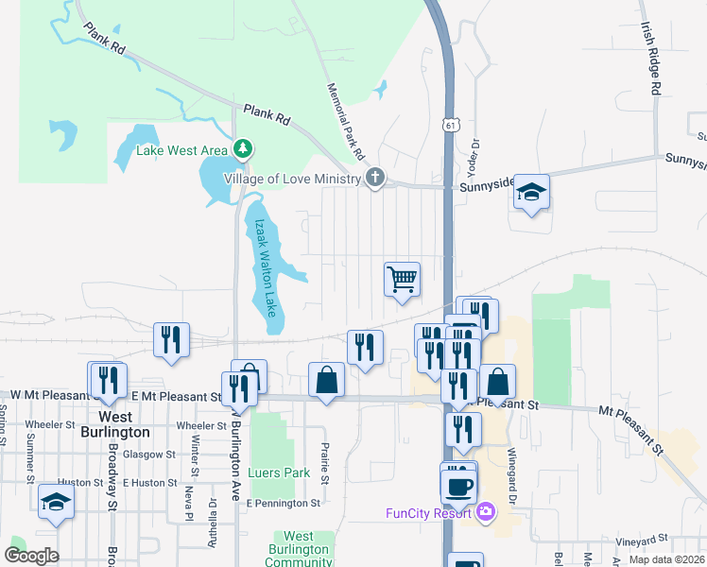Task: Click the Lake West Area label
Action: [x=182, y=150]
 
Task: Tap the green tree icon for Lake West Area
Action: [x=244, y=148]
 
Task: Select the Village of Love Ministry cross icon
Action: [x=375, y=178]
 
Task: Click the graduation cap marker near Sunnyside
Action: [x=531, y=194]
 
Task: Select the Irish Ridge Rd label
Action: [x=649, y=59]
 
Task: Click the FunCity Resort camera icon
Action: [x=486, y=512]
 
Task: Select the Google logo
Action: [x=31, y=555]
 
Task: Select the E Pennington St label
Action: [x=284, y=504]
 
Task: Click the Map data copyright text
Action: [x=666, y=559]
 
